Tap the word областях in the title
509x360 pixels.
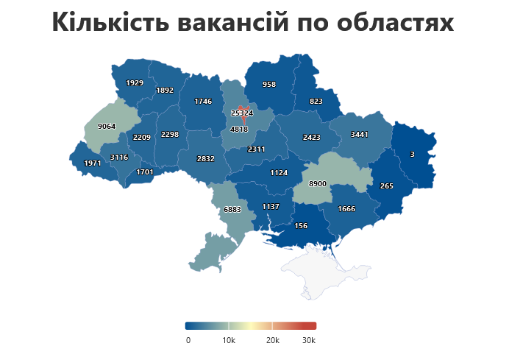(394, 24)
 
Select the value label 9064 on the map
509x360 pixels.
(107, 126)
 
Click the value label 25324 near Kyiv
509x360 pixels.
(241, 113)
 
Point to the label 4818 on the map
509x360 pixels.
(239, 129)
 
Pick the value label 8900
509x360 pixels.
(318, 183)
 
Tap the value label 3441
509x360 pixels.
(359, 134)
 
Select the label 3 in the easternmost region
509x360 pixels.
(412, 154)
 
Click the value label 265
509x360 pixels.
(386, 186)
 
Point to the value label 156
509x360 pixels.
(301, 225)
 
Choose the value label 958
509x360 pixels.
(269, 84)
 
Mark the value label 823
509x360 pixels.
(316, 101)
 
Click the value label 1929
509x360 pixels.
(135, 82)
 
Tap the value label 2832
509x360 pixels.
(206, 158)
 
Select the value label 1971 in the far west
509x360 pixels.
(93, 163)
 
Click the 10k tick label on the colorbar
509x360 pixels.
(229, 340)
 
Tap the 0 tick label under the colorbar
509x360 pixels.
(188, 340)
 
